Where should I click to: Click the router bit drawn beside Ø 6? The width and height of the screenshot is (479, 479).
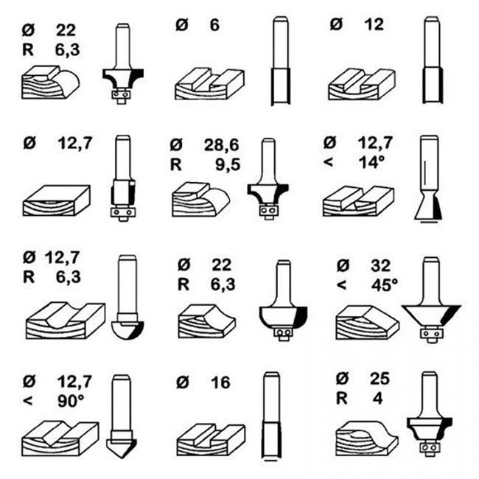point(280,63)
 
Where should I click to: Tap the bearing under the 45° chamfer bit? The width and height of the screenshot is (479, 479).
point(430,335)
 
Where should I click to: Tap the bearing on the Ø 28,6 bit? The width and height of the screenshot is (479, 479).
point(269,214)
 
